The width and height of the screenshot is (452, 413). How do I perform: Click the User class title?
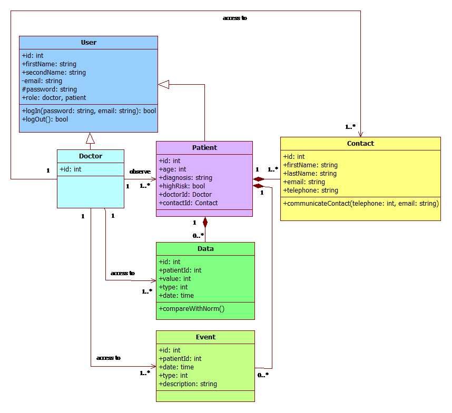point(89,42)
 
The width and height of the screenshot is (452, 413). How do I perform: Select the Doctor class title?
point(91,156)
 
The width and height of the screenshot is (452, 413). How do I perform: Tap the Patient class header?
point(204,148)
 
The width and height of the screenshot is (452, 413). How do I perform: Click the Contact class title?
point(360,143)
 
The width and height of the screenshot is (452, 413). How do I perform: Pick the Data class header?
point(205,249)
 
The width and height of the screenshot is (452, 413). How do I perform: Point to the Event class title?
point(205,337)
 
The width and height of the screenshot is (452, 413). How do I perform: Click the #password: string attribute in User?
point(50,89)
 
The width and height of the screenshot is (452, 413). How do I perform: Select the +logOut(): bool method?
point(45,119)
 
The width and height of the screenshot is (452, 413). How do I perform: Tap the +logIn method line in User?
point(89,111)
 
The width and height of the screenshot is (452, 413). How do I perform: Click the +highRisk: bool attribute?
point(182,186)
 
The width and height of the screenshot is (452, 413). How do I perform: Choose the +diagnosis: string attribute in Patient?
point(185,178)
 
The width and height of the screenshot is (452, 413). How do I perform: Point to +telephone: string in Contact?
point(310,190)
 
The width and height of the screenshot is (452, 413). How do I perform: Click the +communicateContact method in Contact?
point(361,203)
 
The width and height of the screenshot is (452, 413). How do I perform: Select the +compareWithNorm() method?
point(191,309)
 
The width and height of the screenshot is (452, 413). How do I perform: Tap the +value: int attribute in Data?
point(174,279)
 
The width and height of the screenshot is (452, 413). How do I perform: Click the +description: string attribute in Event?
point(188,384)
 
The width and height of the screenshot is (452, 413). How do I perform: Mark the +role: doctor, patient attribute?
point(54,98)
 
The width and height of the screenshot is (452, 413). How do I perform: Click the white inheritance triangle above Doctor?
point(90,138)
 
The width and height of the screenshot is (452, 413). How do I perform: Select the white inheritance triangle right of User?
point(164,84)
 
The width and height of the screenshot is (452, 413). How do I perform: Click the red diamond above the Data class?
point(205,223)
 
